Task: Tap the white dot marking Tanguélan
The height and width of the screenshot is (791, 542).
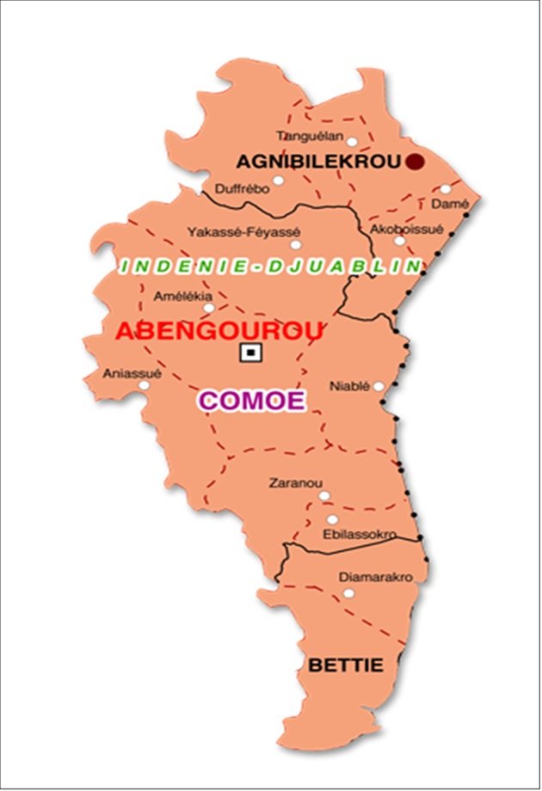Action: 352,141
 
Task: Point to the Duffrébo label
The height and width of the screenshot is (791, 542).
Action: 242,189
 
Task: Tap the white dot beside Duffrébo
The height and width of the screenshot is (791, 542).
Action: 278,181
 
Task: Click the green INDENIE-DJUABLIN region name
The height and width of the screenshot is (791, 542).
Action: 271,267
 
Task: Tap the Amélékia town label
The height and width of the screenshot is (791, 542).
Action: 177,297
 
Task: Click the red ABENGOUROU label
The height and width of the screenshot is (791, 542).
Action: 219,330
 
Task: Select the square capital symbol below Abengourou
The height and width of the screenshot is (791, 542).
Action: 250,352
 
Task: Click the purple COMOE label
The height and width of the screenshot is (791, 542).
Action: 252,401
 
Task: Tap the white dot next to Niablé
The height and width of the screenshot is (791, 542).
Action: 379,386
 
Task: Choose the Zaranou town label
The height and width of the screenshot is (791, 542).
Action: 289,482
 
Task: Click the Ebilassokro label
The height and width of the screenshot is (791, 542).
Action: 359,534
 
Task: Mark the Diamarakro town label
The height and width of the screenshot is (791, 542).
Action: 376,576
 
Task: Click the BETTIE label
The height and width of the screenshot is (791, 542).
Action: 345,664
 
